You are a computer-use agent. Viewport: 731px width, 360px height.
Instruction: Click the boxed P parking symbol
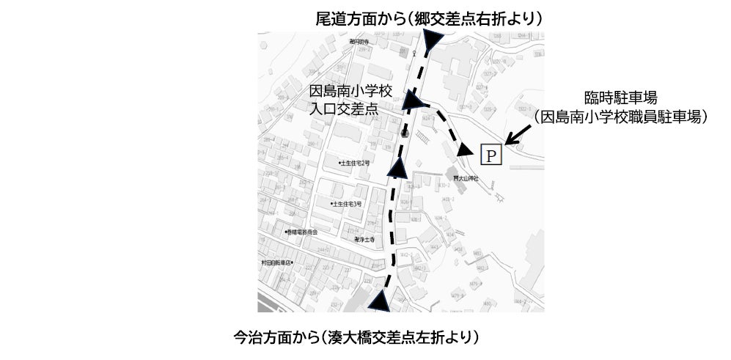point(490,155)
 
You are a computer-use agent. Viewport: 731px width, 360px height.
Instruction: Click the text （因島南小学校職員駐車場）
point(620,116)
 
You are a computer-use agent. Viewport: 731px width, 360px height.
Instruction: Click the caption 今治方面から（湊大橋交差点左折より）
point(357,338)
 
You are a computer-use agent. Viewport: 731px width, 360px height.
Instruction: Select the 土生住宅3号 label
point(348,204)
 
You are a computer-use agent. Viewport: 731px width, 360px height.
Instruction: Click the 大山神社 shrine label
point(465,178)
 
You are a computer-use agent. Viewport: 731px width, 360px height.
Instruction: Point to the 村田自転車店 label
point(276,262)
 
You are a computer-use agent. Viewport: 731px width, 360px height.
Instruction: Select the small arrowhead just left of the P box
point(465,150)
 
